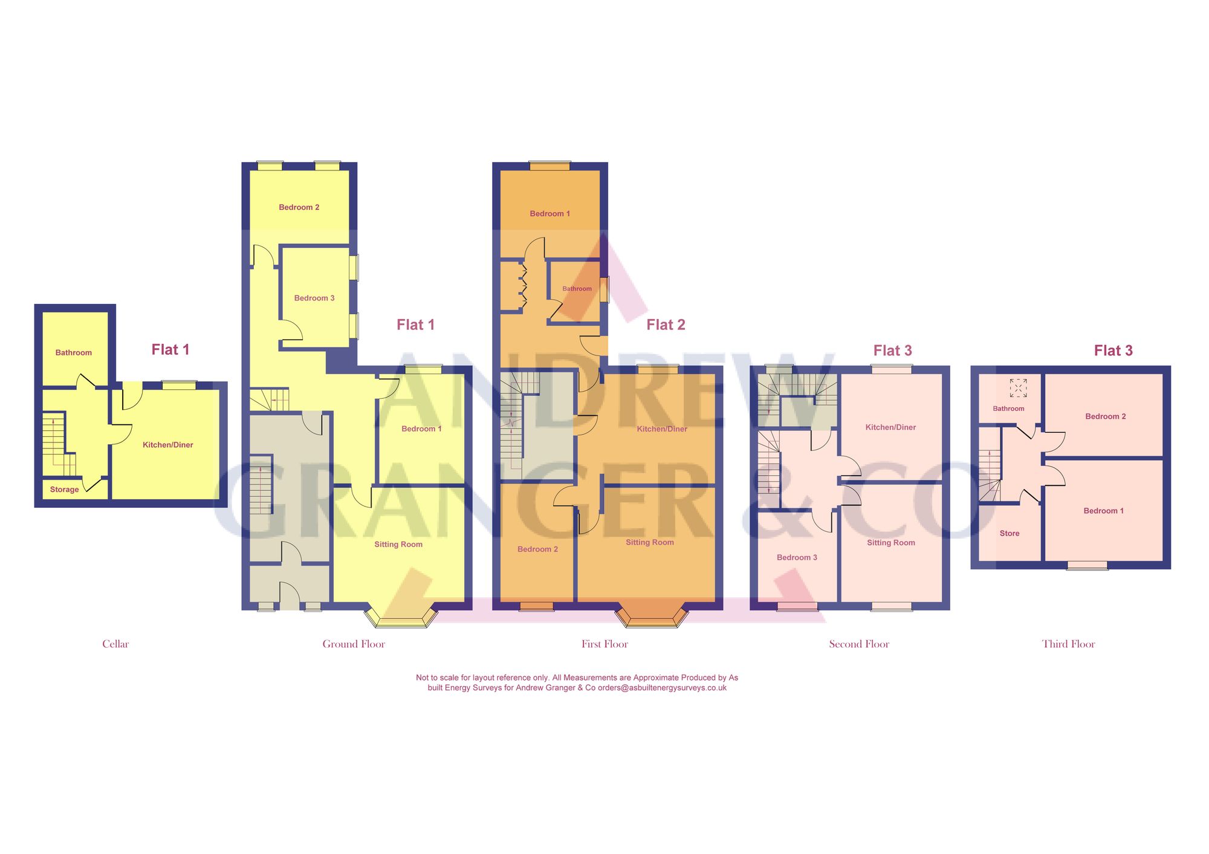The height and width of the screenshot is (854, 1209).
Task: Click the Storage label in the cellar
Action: pos(64,490)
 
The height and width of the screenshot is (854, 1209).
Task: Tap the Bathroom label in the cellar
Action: pos(74,352)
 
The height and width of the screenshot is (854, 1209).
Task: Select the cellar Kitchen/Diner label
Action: pos(167,445)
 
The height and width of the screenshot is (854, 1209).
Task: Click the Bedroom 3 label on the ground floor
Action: pos(314,298)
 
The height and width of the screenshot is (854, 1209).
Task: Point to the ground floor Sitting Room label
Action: pos(398,544)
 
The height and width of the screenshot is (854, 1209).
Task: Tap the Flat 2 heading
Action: pos(666,325)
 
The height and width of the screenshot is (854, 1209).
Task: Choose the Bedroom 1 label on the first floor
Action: pos(549,213)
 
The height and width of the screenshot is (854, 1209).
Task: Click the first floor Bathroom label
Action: pos(577,289)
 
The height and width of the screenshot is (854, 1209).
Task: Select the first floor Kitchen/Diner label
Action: pos(662,429)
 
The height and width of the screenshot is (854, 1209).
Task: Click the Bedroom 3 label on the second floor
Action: pos(797,557)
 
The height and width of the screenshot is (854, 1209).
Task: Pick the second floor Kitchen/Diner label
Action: pos(890,427)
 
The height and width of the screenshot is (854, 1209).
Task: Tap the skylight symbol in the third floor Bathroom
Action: pos(1018,388)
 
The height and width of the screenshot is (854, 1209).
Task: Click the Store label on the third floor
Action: pos(1010,533)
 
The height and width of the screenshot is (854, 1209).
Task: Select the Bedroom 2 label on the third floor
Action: pos(1105,416)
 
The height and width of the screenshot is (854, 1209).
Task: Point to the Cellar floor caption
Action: pos(115,644)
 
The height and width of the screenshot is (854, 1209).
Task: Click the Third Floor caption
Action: pos(1068,644)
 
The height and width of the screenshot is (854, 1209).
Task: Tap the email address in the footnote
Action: pos(662,688)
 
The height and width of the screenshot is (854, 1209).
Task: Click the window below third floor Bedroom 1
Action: pos(1087,566)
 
